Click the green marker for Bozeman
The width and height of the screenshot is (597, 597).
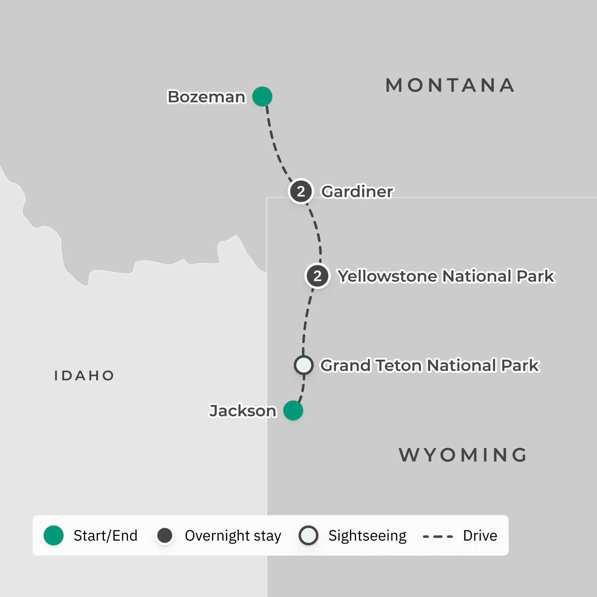(262, 97)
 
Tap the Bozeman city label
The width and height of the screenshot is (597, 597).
(206, 97)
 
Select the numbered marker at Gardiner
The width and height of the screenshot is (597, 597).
(301, 191)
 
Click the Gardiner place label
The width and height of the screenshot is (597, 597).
(357, 192)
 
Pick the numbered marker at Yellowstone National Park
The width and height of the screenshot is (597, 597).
(317, 276)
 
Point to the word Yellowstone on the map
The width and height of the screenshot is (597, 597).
(388, 276)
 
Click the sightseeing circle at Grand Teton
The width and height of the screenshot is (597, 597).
(304, 365)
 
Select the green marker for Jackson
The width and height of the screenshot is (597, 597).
(293, 411)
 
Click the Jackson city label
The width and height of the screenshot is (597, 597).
(242, 411)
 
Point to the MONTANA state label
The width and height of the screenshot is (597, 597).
(450, 85)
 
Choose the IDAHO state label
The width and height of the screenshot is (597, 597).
(84, 376)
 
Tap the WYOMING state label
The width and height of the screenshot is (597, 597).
(463, 455)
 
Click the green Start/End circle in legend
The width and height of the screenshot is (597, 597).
(54, 535)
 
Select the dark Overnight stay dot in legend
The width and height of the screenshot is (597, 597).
(165, 535)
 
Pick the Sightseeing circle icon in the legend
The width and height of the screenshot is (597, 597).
(308, 535)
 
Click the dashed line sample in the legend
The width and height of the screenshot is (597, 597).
(438, 536)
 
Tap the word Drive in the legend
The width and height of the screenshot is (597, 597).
(480, 535)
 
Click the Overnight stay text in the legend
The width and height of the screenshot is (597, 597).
(233, 536)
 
